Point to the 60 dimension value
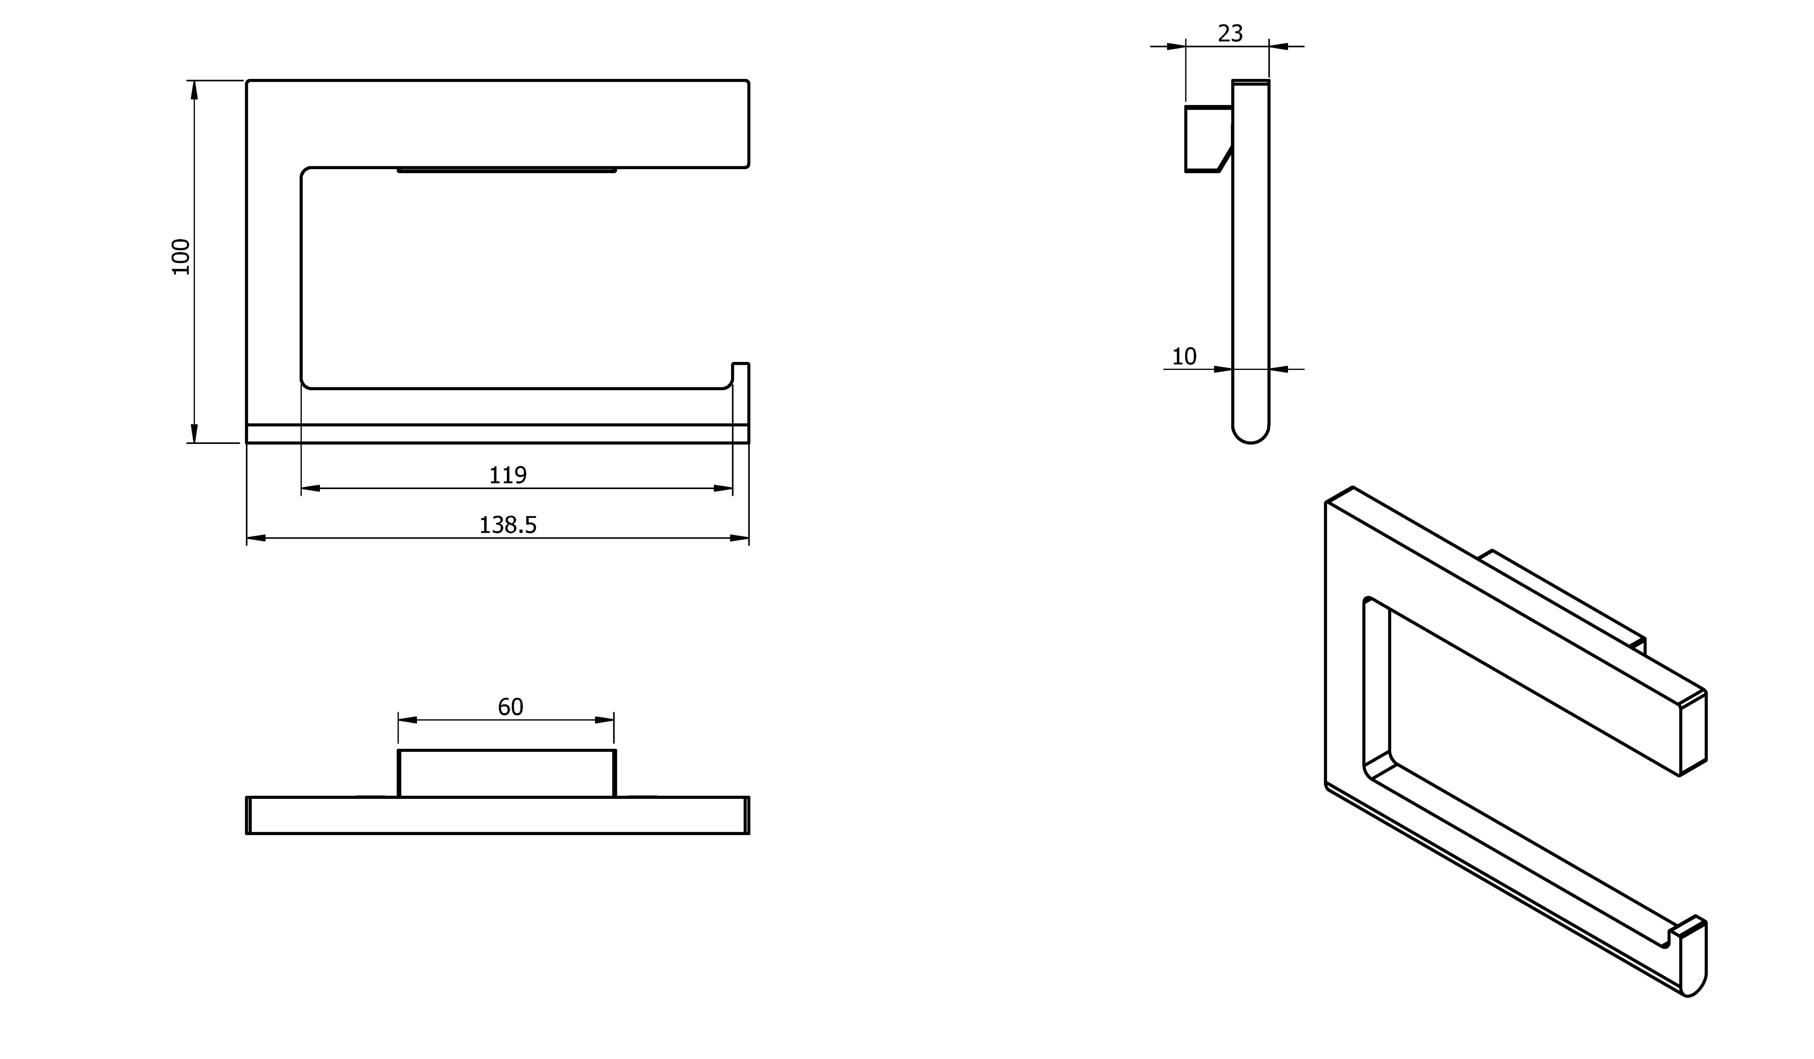510,707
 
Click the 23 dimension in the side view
1230,33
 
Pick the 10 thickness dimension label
1184,357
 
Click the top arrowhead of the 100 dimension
193,90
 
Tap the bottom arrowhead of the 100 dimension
193,433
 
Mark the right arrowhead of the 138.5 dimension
739,538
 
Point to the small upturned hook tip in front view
741,364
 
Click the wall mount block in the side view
1209,139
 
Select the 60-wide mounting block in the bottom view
507,773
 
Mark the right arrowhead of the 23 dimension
1279,47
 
